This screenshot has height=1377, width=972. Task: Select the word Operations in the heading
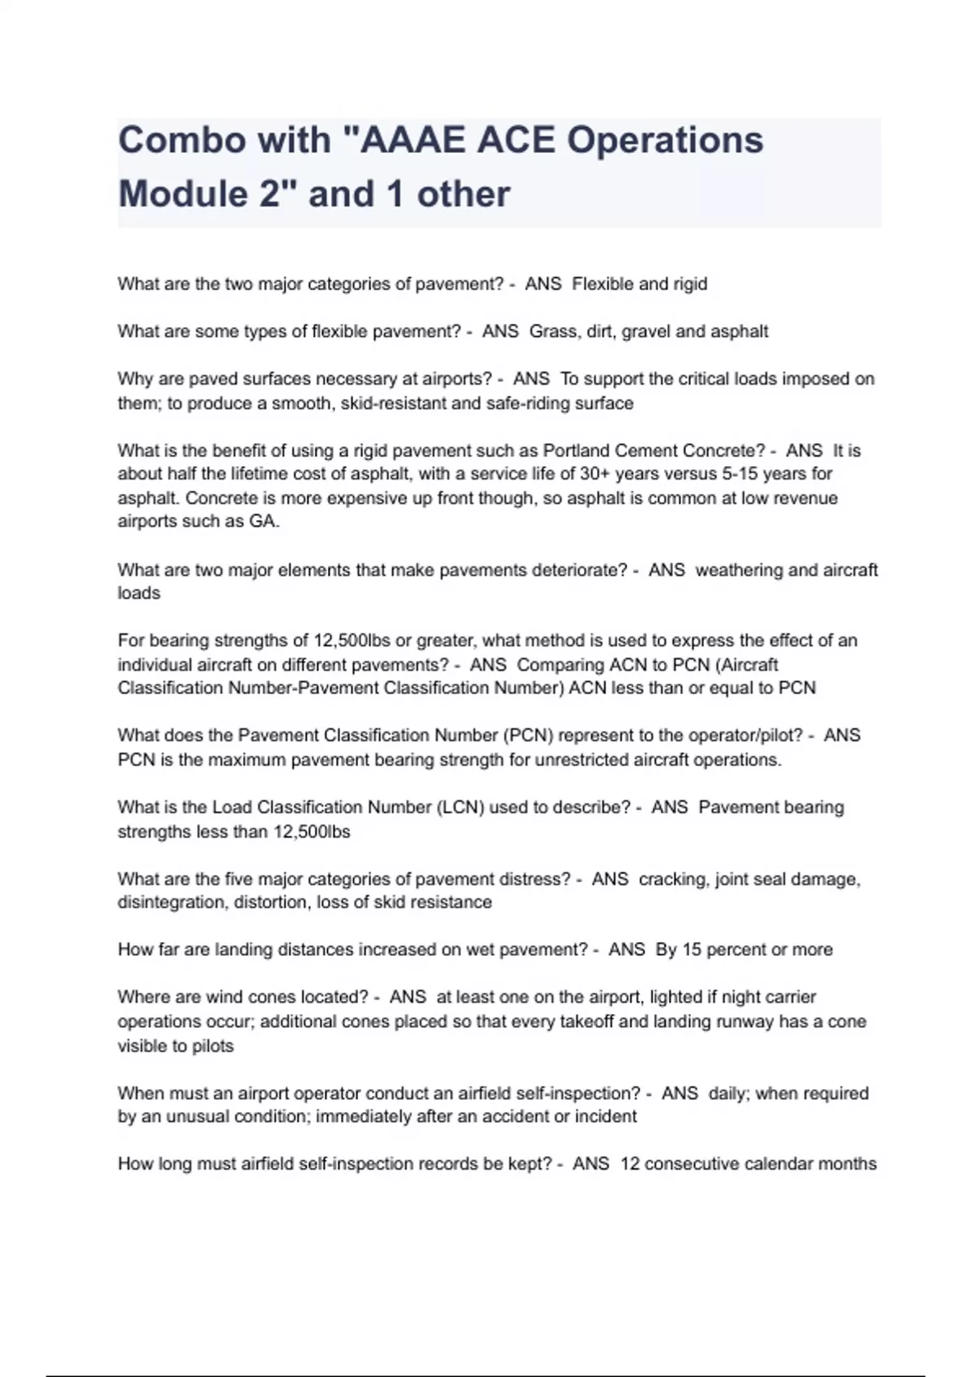664,140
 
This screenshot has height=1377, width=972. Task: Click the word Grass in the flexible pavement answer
553,331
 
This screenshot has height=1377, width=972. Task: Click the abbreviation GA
263,522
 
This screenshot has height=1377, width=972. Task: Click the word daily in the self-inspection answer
727,1093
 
